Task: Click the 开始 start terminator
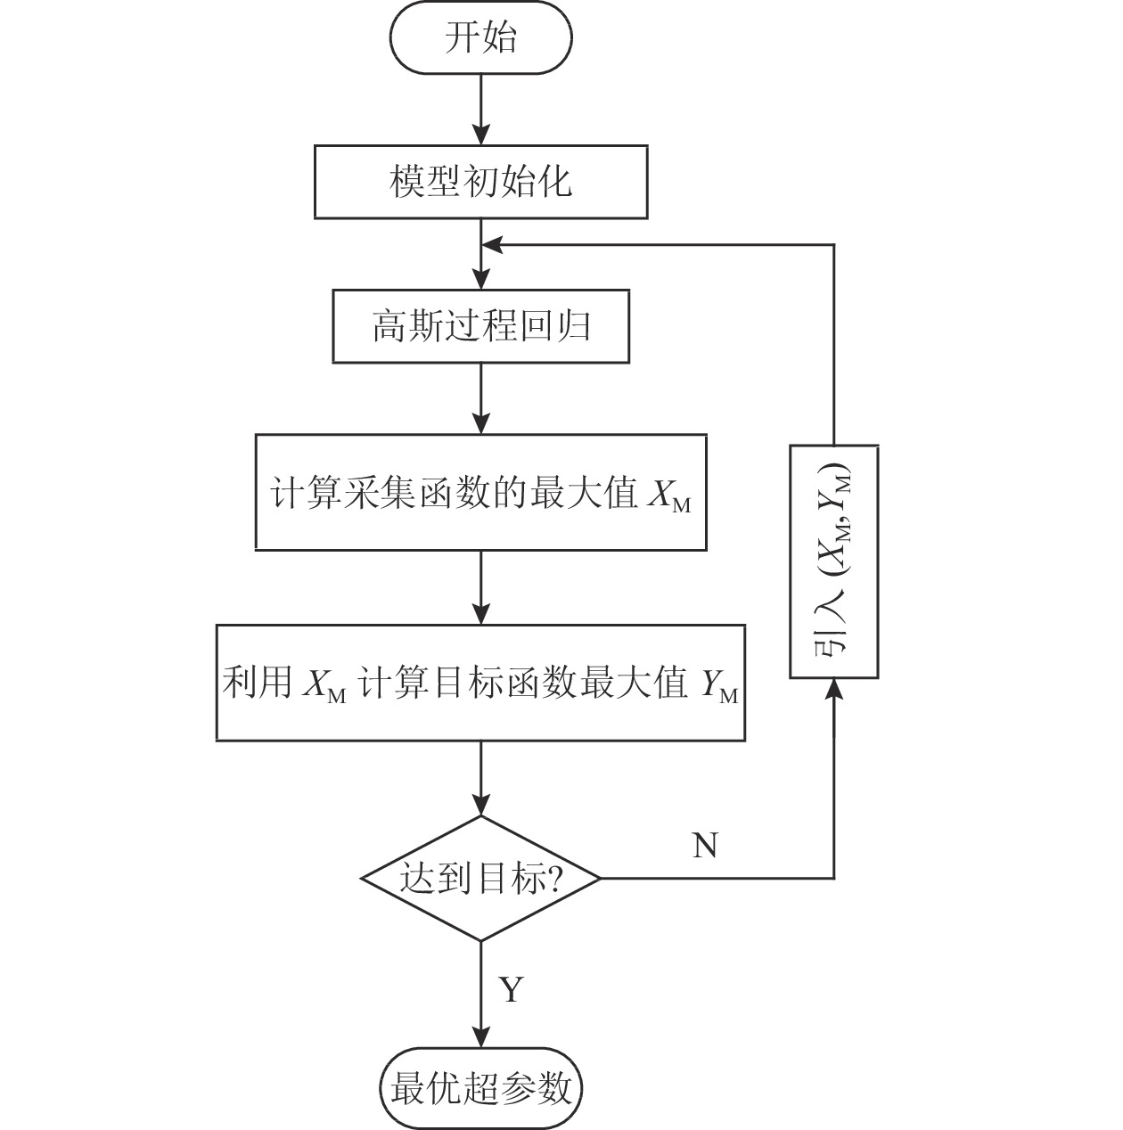coord(480,38)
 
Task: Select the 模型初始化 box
coord(480,182)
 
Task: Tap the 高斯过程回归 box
coord(480,326)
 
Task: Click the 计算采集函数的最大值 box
coord(480,492)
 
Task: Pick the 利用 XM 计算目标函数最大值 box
coord(480,683)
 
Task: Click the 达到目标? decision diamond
coord(480,879)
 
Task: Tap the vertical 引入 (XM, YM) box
coord(834,561)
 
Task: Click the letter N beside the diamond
coord(705,845)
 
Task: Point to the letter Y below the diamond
coord(511,989)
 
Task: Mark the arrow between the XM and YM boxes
coord(480,587)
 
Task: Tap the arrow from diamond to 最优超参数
coord(480,994)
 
